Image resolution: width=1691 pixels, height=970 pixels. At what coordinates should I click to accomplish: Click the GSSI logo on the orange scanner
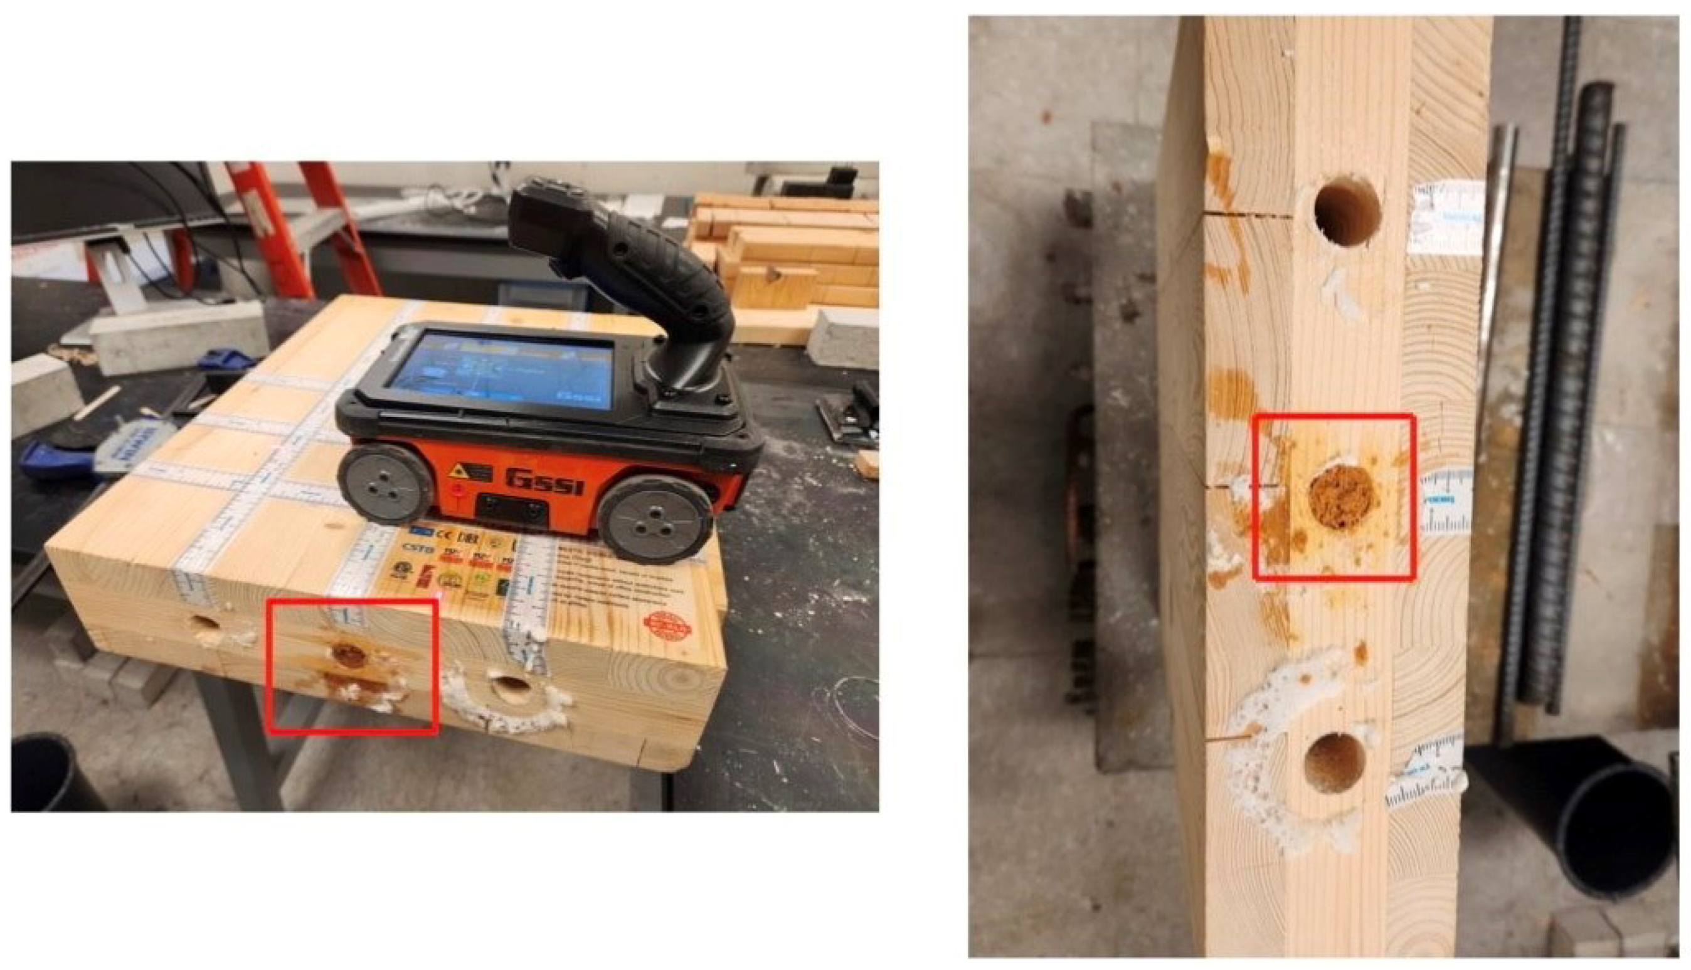[x=543, y=480]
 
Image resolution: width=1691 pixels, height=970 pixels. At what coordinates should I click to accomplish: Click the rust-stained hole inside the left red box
[x=349, y=655]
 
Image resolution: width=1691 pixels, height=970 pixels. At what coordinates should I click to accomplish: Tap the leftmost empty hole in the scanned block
[x=204, y=625]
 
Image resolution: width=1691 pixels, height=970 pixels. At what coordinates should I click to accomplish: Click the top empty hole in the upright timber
[x=1347, y=211]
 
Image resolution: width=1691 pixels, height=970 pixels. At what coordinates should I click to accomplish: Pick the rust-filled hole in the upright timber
[x=1342, y=498]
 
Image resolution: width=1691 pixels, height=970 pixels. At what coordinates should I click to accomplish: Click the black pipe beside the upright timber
[x=1626, y=826]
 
